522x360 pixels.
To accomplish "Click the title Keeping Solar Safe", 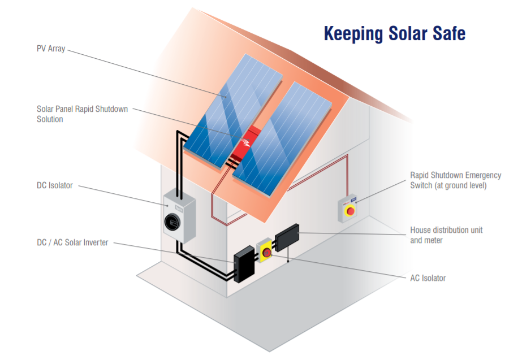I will [394, 33].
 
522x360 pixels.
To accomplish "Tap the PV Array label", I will [51, 49].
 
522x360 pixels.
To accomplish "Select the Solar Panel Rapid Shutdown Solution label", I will [82, 114].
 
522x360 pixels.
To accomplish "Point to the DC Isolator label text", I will [55, 185].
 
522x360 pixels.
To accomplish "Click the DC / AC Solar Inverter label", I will [72, 242].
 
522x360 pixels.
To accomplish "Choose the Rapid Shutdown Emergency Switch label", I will [455, 180].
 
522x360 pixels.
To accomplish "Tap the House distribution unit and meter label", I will [446, 235].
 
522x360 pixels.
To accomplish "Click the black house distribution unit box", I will [287, 236].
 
